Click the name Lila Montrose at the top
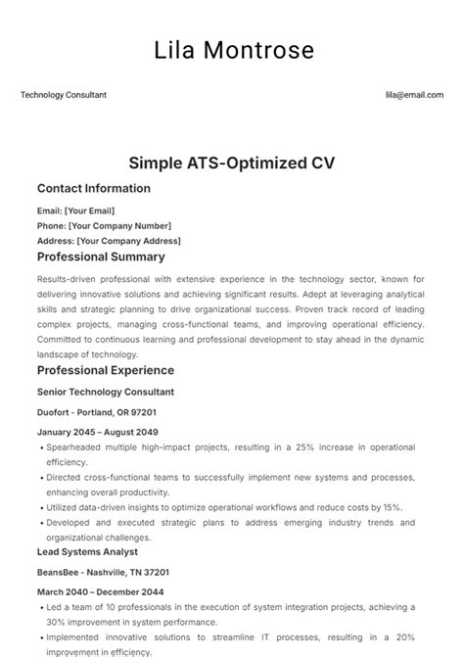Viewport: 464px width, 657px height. point(232,50)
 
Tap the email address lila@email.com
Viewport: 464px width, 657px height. point(414,95)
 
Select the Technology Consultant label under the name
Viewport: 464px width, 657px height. point(64,95)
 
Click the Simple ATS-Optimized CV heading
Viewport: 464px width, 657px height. point(232,162)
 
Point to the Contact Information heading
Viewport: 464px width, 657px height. point(94,188)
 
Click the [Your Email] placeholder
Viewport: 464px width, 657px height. point(89,210)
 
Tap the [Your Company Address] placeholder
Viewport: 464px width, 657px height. point(128,241)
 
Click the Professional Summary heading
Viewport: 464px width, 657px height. point(101,258)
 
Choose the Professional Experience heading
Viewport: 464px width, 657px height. point(106,370)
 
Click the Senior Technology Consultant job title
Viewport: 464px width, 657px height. point(106,392)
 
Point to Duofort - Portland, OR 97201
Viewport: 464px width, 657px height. point(97,412)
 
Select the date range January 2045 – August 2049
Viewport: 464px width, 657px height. point(98,432)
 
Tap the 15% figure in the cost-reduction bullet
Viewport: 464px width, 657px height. point(392,507)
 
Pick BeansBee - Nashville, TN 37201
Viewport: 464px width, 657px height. point(103,572)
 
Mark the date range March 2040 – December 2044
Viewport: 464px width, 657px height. point(101,592)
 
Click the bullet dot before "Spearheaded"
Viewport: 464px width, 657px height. point(40,446)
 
